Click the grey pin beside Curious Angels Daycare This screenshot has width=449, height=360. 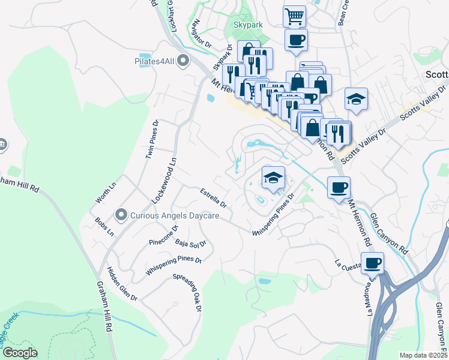121,214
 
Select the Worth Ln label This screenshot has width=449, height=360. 101,194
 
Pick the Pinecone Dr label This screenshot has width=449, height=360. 164,236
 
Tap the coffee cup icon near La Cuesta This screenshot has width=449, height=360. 372,262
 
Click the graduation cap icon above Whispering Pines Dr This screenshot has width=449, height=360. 273,178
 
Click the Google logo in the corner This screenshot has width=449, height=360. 20,353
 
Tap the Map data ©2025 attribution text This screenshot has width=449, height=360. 423,355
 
